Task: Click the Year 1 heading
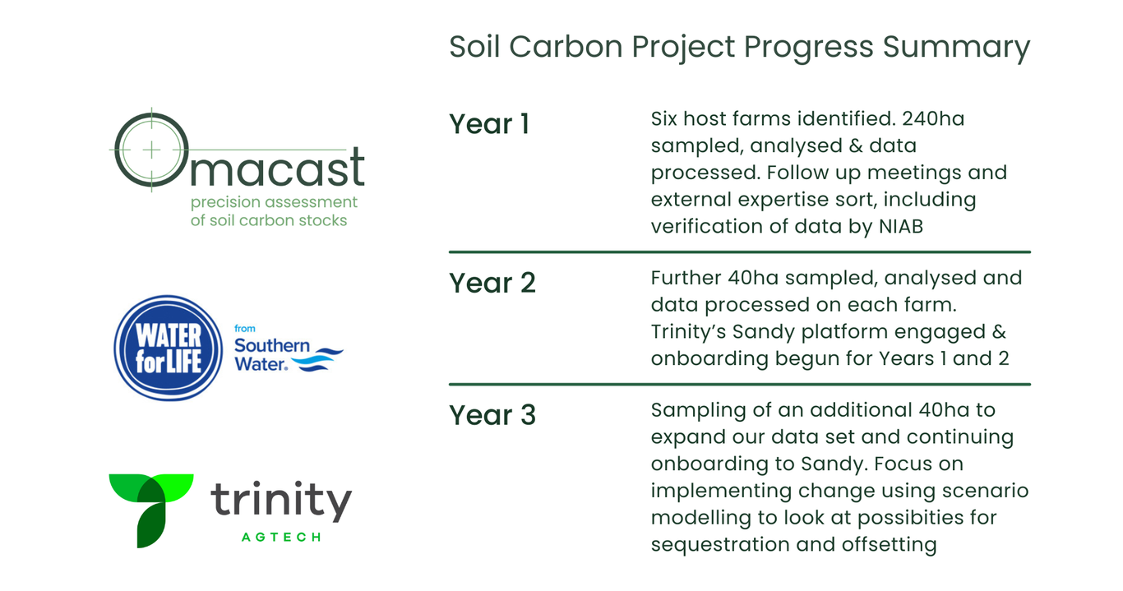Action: click(x=489, y=124)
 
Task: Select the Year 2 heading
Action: click(x=492, y=283)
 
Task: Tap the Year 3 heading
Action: click(x=492, y=415)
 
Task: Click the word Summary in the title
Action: click(x=956, y=48)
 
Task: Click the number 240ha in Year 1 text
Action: click(x=933, y=119)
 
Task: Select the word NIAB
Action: click(x=901, y=227)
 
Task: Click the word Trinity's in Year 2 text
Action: click(x=688, y=333)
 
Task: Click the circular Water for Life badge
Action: click(x=169, y=348)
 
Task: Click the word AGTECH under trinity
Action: click(x=281, y=538)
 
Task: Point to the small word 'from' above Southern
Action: click(x=245, y=329)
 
